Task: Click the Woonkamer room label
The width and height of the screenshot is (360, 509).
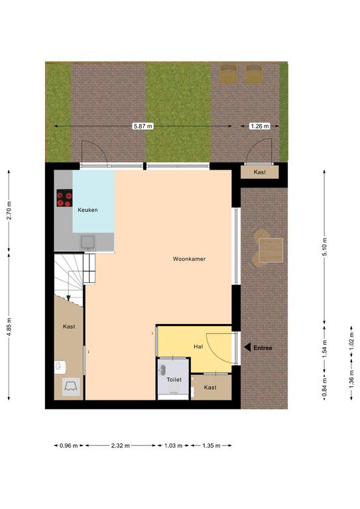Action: [189, 259]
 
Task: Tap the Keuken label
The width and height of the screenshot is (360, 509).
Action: [88, 210]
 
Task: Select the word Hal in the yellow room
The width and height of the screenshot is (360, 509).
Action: [198, 347]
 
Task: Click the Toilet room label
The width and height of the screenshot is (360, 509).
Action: [174, 380]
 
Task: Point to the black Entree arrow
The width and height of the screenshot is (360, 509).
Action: [247, 348]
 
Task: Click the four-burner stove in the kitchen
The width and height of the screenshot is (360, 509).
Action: [64, 198]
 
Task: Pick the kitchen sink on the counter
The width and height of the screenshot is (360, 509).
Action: [88, 243]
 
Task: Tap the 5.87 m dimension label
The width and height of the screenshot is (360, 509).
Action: [143, 126]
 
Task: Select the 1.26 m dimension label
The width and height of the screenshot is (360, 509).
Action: [260, 126]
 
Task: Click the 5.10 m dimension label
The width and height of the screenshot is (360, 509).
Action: [325, 247]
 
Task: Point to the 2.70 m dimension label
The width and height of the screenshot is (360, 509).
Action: [9, 211]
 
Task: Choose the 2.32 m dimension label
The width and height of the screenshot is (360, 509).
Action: [121, 445]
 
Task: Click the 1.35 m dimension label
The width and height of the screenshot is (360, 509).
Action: [211, 445]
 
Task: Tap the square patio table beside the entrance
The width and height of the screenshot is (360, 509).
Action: [270, 251]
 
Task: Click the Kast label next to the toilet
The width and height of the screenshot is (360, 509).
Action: [210, 387]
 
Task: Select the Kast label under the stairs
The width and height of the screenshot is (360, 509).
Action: [69, 327]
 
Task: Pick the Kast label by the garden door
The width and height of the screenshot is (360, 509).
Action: [260, 172]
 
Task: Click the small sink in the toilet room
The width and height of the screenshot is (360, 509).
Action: [163, 370]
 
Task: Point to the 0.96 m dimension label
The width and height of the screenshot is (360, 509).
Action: [69, 445]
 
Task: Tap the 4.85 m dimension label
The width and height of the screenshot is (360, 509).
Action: [9, 327]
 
